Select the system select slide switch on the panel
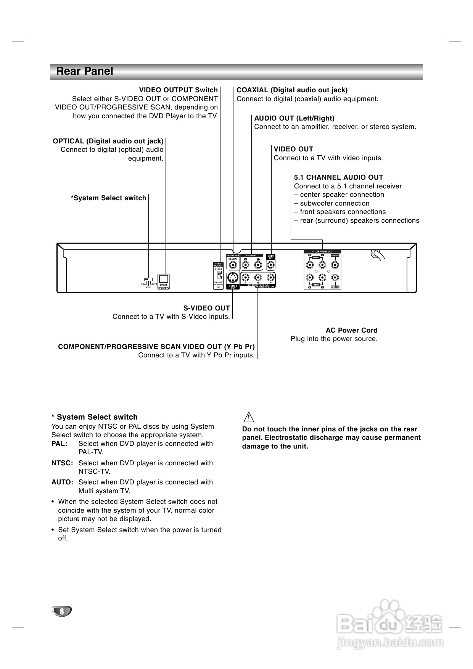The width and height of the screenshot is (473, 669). (x=148, y=280)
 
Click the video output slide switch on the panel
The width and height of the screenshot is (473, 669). (x=219, y=274)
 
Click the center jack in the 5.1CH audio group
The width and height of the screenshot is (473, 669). (x=335, y=264)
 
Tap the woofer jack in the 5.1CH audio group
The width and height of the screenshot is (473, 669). (x=335, y=278)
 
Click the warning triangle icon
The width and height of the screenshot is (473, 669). (x=248, y=417)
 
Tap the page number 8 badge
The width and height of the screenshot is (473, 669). (x=61, y=611)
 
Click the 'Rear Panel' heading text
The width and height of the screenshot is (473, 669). (x=84, y=71)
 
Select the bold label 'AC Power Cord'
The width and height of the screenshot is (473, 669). (x=351, y=330)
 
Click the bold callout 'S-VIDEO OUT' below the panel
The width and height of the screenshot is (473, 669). (x=206, y=308)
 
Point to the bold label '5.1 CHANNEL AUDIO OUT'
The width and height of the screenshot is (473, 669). (x=338, y=177)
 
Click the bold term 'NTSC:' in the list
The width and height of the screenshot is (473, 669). (x=62, y=463)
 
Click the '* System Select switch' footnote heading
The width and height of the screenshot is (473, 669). (x=95, y=417)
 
